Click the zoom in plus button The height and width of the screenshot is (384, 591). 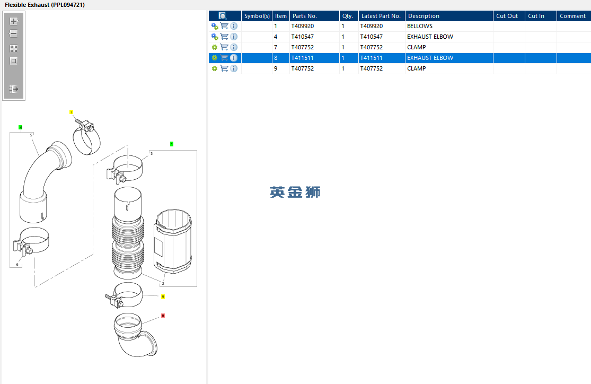click(x=14, y=21)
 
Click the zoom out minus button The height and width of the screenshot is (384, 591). click(x=14, y=33)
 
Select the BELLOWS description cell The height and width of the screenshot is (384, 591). click(x=419, y=26)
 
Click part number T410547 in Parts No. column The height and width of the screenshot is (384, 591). click(x=302, y=37)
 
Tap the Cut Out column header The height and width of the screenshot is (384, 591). click(x=507, y=16)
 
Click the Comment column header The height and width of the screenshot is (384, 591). click(x=572, y=16)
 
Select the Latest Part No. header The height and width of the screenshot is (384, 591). click(x=381, y=16)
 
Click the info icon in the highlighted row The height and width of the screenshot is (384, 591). click(x=234, y=58)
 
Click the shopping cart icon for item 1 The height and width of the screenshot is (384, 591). click(x=224, y=26)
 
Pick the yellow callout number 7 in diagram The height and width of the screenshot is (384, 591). click(x=71, y=112)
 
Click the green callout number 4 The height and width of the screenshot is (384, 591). click(x=20, y=127)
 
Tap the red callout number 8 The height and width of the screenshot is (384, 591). click(x=163, y=316)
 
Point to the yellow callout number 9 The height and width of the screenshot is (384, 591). click(x=163, y=297)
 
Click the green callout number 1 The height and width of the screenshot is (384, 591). click(x=172, y=144)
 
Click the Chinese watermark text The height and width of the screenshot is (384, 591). click(x=295, y=192)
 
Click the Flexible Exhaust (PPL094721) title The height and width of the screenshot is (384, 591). click(x=45, y=5)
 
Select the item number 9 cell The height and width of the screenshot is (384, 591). click(x=276, y=68)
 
